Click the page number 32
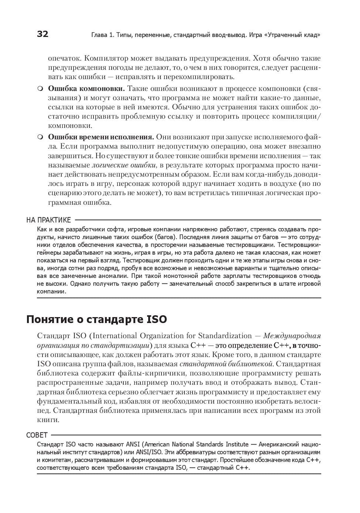pos(43,34)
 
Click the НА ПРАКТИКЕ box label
pos(48,220)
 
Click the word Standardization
pos(225,336)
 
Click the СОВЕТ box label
pos(37,435)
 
